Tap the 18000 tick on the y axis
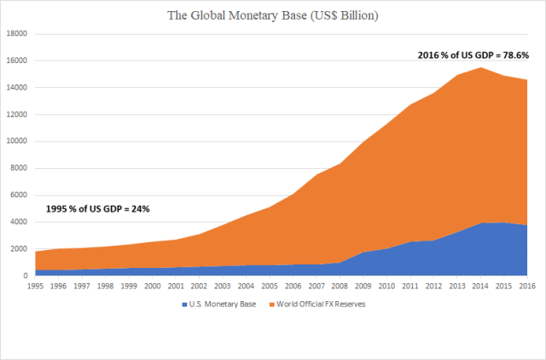(17, 34)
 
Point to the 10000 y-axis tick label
(17, 142)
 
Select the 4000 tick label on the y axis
(20, 222)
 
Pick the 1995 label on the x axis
(35, 287)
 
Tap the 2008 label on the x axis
(340, 287)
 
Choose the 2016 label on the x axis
(526, 287)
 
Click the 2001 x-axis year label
(176, 287)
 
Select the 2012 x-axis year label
(433, 287)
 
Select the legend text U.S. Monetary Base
(224, 303)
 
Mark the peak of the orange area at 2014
(480, 67)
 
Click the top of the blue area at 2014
(480, 223)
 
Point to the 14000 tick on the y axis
(17, 88)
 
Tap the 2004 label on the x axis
(246, 287)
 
